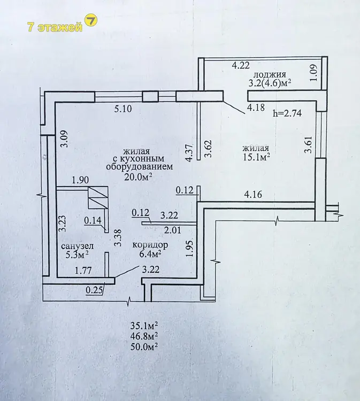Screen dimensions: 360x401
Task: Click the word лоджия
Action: (269, 75)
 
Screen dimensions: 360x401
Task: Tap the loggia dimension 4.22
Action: (241, 65)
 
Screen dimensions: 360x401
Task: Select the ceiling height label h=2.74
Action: (287, 113)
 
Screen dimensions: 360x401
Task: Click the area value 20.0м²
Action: (138, 176)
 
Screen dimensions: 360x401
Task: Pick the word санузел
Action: (78, 246)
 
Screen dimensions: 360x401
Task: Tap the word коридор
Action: (150, 245)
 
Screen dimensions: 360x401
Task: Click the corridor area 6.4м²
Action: (150, 254)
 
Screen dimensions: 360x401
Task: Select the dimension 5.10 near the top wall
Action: (123, 109)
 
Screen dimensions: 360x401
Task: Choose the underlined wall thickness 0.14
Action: (93, 220)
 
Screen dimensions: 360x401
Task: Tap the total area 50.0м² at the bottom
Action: (144, 347)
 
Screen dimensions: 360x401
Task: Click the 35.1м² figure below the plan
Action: (144, 326)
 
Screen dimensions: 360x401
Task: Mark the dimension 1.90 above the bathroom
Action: (80, 180)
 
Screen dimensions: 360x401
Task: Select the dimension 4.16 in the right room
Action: (253, 195)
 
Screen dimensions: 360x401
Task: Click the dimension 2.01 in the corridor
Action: (172, 230)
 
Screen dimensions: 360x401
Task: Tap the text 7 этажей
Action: (55, 27)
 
